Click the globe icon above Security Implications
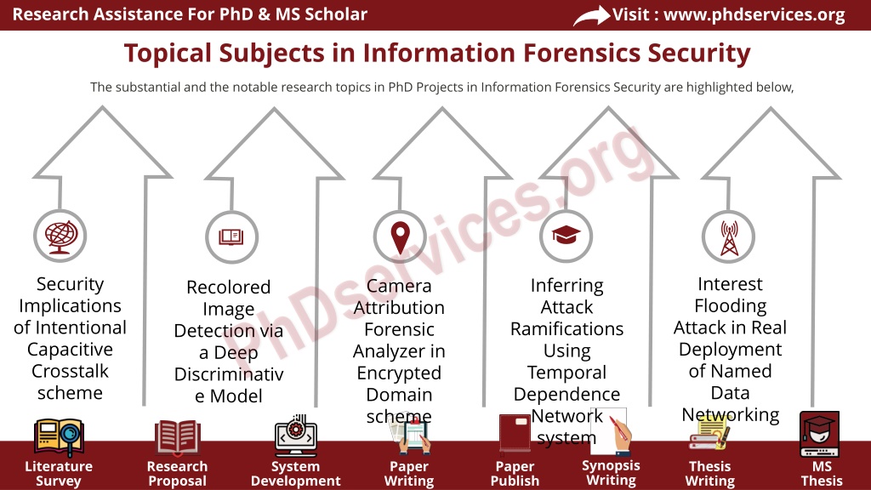tap(60, 237)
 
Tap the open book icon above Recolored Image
tap(231, 237)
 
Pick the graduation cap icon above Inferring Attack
tap(566, 235)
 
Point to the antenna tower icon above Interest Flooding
tap(729, 238)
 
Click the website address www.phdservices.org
tap(754, 14)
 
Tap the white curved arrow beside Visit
tap(591, 15)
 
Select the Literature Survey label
tap(59, 473)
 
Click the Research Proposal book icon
tap(177, 437)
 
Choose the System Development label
tap(295, 473)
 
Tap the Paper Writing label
tap(409, 473)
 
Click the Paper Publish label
tap(515, 473)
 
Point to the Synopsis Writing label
tap(611, 473)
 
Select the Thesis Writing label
tap(710, 473)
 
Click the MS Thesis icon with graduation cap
tap(819, 434)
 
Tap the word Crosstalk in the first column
tap(70, 371)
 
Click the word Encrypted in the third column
tap(399, 373)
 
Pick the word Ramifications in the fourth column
tap(566, 329)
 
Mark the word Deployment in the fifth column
tap(730, 350)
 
